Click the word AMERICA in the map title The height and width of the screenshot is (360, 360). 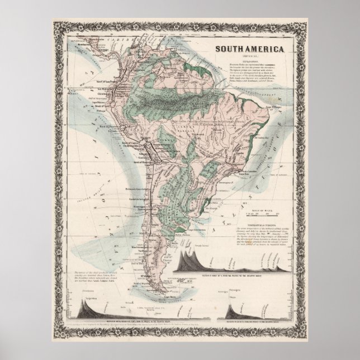[266, 50]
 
